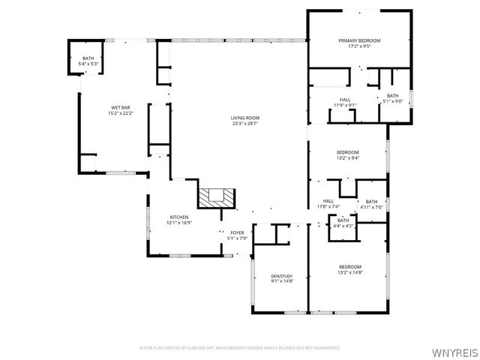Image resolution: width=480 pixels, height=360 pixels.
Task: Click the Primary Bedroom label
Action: [359, 40]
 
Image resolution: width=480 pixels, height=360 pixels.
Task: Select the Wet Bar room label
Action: [121, 108]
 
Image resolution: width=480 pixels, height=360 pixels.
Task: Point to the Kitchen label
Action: [179, 217]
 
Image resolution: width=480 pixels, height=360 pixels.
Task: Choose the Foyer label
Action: [237, 232]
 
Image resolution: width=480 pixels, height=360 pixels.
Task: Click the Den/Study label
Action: [283, 277]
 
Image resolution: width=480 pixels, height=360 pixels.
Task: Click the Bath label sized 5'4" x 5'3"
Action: [89, 58]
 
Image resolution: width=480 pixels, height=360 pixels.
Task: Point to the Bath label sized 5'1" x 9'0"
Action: [393, 95]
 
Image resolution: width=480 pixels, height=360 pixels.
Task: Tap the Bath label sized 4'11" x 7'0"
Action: [372, 201]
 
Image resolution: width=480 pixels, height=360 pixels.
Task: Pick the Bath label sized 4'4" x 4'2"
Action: [343, 220]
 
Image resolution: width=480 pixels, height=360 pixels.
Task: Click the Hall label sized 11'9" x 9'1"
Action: [345, 100]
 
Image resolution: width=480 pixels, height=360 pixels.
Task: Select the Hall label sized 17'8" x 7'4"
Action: [328, 201]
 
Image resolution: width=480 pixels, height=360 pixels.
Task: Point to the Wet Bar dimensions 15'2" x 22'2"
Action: [121, 114]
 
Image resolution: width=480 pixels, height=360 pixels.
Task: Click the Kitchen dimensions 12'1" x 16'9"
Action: [179, 223]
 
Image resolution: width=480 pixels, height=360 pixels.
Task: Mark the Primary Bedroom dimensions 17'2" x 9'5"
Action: [359, 46]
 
